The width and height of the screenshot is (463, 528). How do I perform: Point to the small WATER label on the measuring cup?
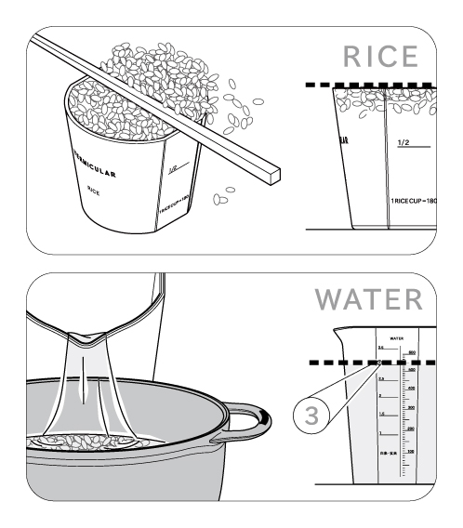coord(396,338)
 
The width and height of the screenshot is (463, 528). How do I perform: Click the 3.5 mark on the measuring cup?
coord(380,348)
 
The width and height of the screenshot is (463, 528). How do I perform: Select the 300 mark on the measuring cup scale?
coord(410,408)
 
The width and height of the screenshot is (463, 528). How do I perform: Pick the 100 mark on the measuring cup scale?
coord(410,451)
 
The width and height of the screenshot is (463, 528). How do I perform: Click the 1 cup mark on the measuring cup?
coord(380,433)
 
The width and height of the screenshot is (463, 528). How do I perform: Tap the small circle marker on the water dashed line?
coord(380,363)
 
